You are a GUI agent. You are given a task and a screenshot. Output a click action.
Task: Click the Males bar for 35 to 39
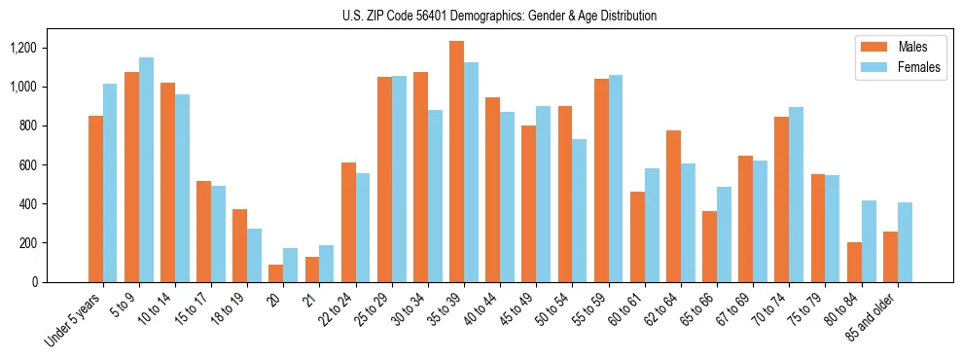pyautogui.click(x=456, y=162)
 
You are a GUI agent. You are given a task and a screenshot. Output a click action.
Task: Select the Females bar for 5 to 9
pyautogui.click(x=146, y=169)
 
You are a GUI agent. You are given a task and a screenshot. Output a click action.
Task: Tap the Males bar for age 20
pyautogui.click(x=276, y=273)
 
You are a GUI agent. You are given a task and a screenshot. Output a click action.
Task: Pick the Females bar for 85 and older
pyautogui.click(x=905, y=242)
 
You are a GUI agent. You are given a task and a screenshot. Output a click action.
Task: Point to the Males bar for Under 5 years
pyautogui.click(x=95, y=198)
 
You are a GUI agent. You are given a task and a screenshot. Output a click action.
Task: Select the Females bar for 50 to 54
pyautogui.click(x=580, y=210)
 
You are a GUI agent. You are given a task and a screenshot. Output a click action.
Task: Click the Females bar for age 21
pyautogui.click(x=327, y=264)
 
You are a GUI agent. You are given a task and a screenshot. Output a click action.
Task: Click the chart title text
pyautogui.click(x=500, y=16)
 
